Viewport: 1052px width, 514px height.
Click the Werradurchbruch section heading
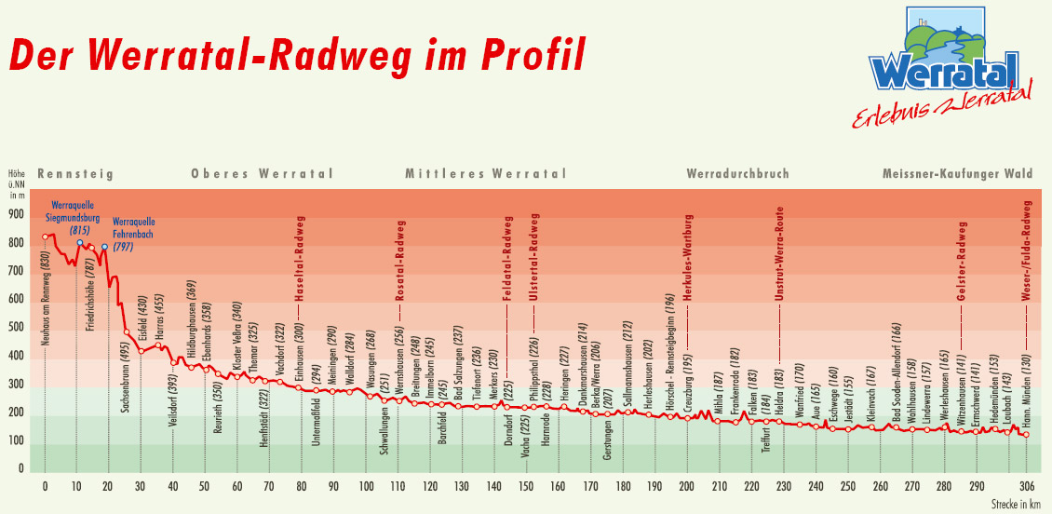(x=737, y=173)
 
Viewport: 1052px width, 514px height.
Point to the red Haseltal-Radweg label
(x=301, y=259)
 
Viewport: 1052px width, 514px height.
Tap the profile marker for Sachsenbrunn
(x=127, y=331)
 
